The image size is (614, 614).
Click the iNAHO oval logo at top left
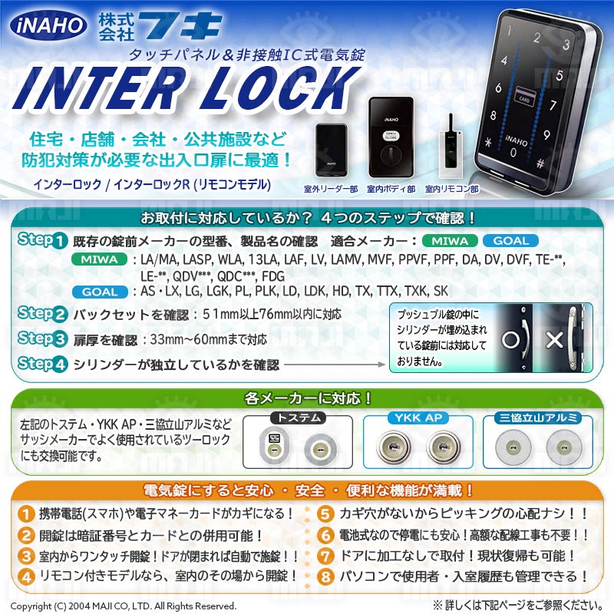(49, 25)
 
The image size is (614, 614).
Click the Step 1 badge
(41, 240)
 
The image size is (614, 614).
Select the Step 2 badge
(41, 314)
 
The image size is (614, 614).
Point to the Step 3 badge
(41, 338)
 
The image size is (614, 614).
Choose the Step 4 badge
(41, 365)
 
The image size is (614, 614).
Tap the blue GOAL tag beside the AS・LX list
(101, 292)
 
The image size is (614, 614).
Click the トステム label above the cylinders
(298, 418)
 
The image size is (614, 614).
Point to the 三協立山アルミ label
(538, 418)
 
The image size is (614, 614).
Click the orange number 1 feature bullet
(26, 513)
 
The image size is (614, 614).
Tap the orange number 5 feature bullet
(325, 513)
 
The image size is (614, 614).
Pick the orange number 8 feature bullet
(325, 575)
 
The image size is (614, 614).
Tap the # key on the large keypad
(540, 163)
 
